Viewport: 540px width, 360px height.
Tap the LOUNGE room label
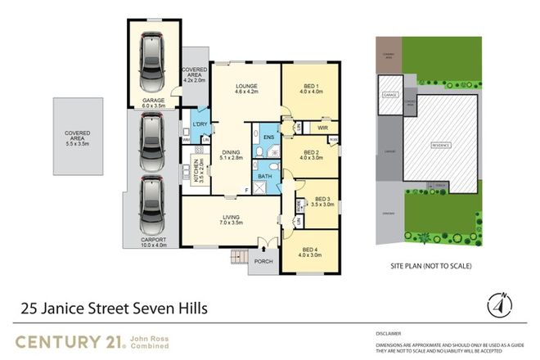pos(247,86)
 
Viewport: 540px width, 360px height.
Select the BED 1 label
pos(308,88)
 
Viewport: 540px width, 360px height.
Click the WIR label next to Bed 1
pos(322,127)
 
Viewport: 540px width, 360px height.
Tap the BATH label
pos(265,176)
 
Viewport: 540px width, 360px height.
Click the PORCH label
pos(263,263)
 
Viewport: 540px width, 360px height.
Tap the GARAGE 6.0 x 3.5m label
pos(153,102)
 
